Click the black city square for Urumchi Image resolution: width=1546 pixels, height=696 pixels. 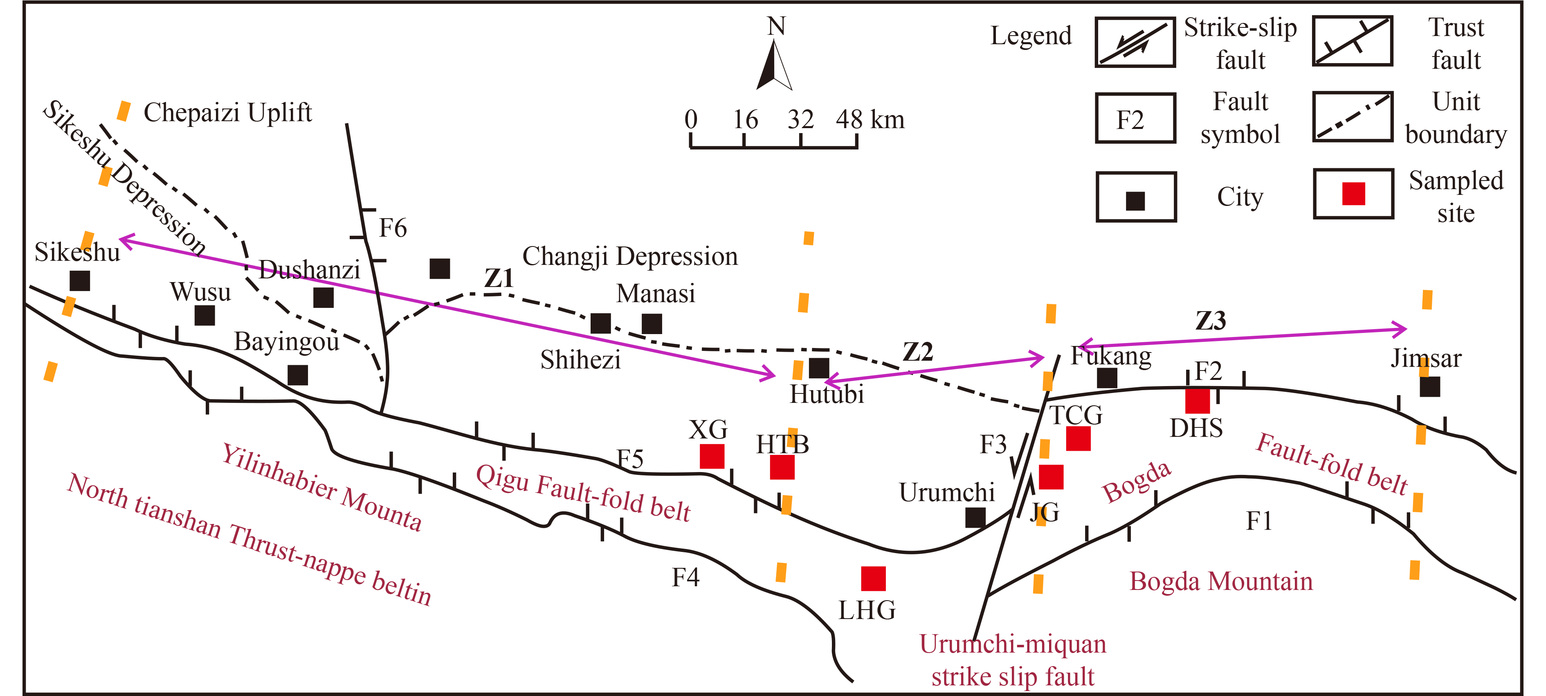click(x=975, y=517)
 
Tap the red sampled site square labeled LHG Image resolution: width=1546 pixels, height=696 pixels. click(x=873, y=578)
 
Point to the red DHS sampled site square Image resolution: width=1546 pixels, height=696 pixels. click(x=1197, y=400)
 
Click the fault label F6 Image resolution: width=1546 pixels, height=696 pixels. click(x=393, y=228)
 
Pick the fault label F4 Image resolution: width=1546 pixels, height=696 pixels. click(x=685, y=578)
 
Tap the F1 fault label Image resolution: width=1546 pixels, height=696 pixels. click(x=1258, y=521)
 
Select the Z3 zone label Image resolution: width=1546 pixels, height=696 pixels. click(x=1211, y=321)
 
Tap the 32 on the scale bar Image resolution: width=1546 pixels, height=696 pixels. click(x=801, y=120)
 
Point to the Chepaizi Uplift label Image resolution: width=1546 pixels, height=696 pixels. click(x=228, y=112)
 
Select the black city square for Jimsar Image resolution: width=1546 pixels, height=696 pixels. click(x=1429, y=387)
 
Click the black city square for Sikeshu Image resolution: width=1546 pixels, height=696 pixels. click(x=80, y=280)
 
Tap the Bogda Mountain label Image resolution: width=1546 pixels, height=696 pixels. click(x=1221, y=581)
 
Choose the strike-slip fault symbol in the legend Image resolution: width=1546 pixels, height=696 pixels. click(x=1135, y=42)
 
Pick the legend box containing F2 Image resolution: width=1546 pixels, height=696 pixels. click(x=1135, y=118)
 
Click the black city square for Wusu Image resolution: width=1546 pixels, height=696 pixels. click(x=204, y=315)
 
